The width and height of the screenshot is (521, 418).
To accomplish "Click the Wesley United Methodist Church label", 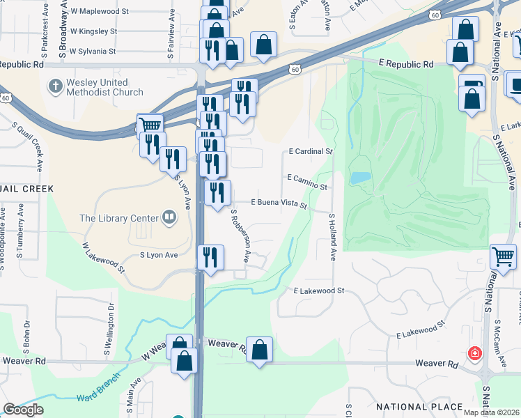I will [x=104, y=87].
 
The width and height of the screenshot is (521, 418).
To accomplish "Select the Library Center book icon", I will [x=169, y=218].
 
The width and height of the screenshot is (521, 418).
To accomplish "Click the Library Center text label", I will [x=114, y=218].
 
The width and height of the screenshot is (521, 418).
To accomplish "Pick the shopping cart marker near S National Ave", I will [x=503, y=256].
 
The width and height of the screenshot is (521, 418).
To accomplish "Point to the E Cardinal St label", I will [x=311, y=151].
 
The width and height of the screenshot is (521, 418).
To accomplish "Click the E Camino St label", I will [x=307, y=182].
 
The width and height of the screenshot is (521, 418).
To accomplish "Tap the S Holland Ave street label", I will [x=332, y=238].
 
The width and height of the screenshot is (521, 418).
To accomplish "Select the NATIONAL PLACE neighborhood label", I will [x=419, y=406].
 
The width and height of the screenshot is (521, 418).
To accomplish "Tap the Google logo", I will [x=23, y=410].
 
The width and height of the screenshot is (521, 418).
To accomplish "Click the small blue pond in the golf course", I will [x=359, y=178].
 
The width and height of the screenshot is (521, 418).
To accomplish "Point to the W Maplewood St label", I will [x=100, y=12].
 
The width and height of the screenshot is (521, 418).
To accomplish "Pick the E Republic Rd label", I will [x=406, y=64].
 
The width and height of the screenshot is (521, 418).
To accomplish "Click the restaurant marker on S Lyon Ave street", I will [x=173, y=160].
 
